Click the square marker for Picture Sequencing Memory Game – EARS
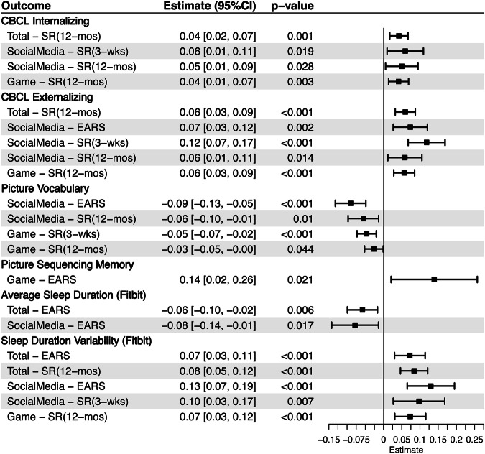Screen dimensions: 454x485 [434, 279]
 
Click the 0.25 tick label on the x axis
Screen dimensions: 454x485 [474, 438]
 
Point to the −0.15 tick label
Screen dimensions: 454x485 [328, 438]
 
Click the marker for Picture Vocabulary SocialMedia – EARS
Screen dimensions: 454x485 [351, 203]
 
